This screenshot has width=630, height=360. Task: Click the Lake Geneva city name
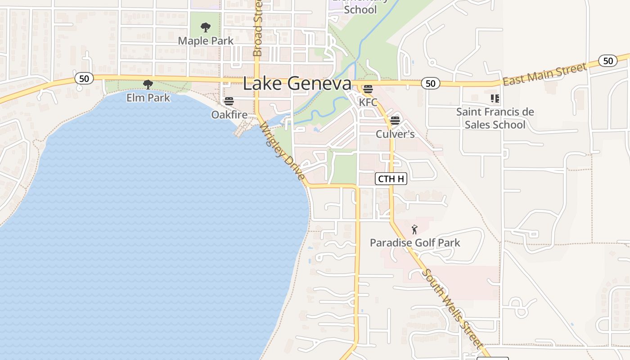297,84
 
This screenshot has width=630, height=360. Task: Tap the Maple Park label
206,41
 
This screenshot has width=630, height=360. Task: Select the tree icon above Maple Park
206,27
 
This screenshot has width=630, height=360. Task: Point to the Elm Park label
148,98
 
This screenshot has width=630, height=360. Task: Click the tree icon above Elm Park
148,84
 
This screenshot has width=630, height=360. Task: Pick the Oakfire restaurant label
229,115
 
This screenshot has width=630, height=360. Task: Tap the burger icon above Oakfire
229,101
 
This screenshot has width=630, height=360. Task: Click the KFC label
368,102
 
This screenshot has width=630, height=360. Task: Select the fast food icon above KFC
368,89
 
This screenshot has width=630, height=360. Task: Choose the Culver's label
395,134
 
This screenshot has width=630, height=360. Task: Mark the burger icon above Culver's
395,121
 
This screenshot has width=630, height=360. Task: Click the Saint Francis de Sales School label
495,118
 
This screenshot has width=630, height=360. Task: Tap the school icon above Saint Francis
495,98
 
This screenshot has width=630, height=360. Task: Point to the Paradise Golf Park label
415,243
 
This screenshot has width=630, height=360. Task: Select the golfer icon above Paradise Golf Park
414,229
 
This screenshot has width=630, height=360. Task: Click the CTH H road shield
391,179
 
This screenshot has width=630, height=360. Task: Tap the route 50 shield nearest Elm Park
84,78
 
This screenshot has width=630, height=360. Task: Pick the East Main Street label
544,74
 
